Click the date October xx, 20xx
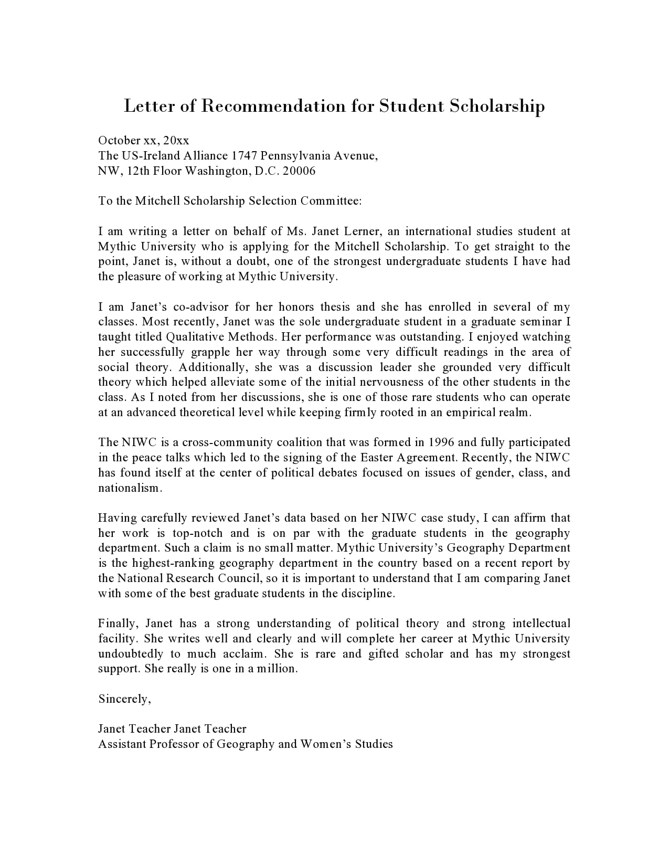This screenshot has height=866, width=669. click(143, 140)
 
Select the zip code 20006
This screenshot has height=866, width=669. click(299, 171)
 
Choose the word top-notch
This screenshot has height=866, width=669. click(201, 533)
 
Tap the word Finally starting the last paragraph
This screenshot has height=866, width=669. click(118, 623)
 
